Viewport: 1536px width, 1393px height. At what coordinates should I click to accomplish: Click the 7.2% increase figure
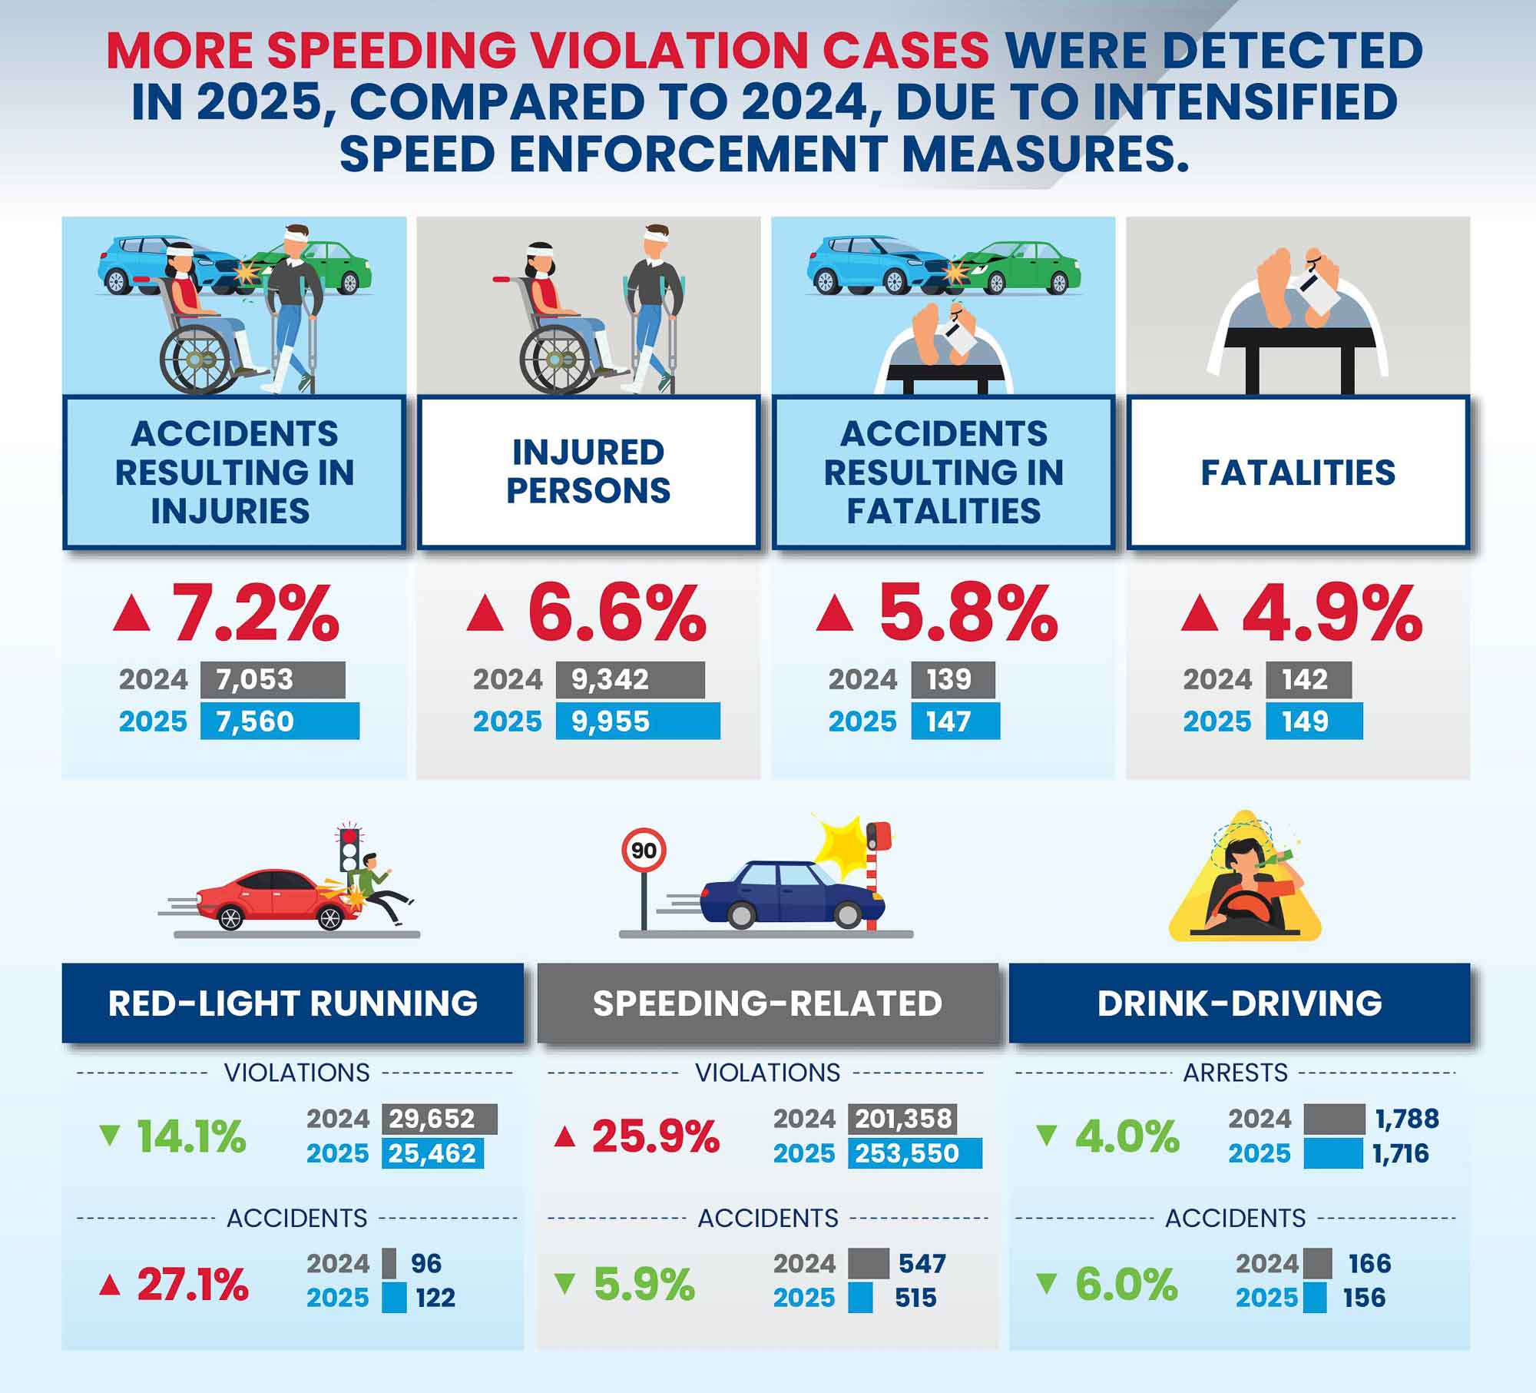click(256, 614)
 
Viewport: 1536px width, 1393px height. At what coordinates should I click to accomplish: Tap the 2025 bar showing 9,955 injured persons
click(637, 721)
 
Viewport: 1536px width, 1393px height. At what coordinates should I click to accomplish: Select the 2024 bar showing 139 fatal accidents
click(952, 679)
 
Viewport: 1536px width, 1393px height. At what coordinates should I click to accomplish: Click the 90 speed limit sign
click(644, 850)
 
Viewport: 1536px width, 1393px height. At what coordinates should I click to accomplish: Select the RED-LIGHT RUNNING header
click(293, 1003)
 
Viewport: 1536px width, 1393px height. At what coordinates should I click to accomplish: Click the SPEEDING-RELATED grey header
click(767, 1003)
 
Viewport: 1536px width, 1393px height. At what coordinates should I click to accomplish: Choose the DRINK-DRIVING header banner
click(1240, 1003)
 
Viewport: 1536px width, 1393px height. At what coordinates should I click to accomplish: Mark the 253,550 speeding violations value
click(914, 1153)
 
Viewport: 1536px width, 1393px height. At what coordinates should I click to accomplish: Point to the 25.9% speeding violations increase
click(655, 1136)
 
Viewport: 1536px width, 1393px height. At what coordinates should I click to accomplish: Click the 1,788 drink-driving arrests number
click(1407, 1119)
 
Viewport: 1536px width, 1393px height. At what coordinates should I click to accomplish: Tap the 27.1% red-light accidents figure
click(192, 1285)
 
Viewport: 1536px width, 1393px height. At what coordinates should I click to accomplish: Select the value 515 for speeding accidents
click(915, 1298)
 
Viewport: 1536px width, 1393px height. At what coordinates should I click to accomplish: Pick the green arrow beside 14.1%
click(111, 1136)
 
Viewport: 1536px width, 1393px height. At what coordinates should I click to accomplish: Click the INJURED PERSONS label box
click(588, 472)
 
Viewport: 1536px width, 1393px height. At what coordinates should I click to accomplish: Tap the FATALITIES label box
click(1298, 472)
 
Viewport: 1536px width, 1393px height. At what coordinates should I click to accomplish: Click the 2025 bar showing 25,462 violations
click(432, 1153)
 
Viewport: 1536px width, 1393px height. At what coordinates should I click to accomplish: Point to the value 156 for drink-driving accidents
click(1364, 1298)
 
